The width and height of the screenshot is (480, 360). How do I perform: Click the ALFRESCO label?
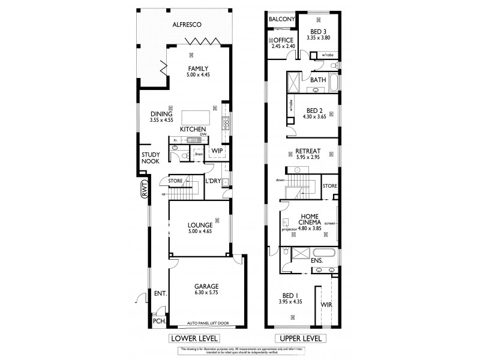(187, 25)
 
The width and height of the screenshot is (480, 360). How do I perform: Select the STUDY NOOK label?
(150, 157)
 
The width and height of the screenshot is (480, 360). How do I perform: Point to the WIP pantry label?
(217, 151)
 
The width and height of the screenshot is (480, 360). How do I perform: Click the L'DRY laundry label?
(213, 181)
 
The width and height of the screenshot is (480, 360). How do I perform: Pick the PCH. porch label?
(159, 321)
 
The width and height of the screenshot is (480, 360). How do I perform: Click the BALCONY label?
(281, 19)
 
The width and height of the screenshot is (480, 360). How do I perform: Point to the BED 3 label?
(318, 31)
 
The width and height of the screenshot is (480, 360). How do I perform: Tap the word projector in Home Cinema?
(290, 229)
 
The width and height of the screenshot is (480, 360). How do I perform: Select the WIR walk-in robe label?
(326, 305)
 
